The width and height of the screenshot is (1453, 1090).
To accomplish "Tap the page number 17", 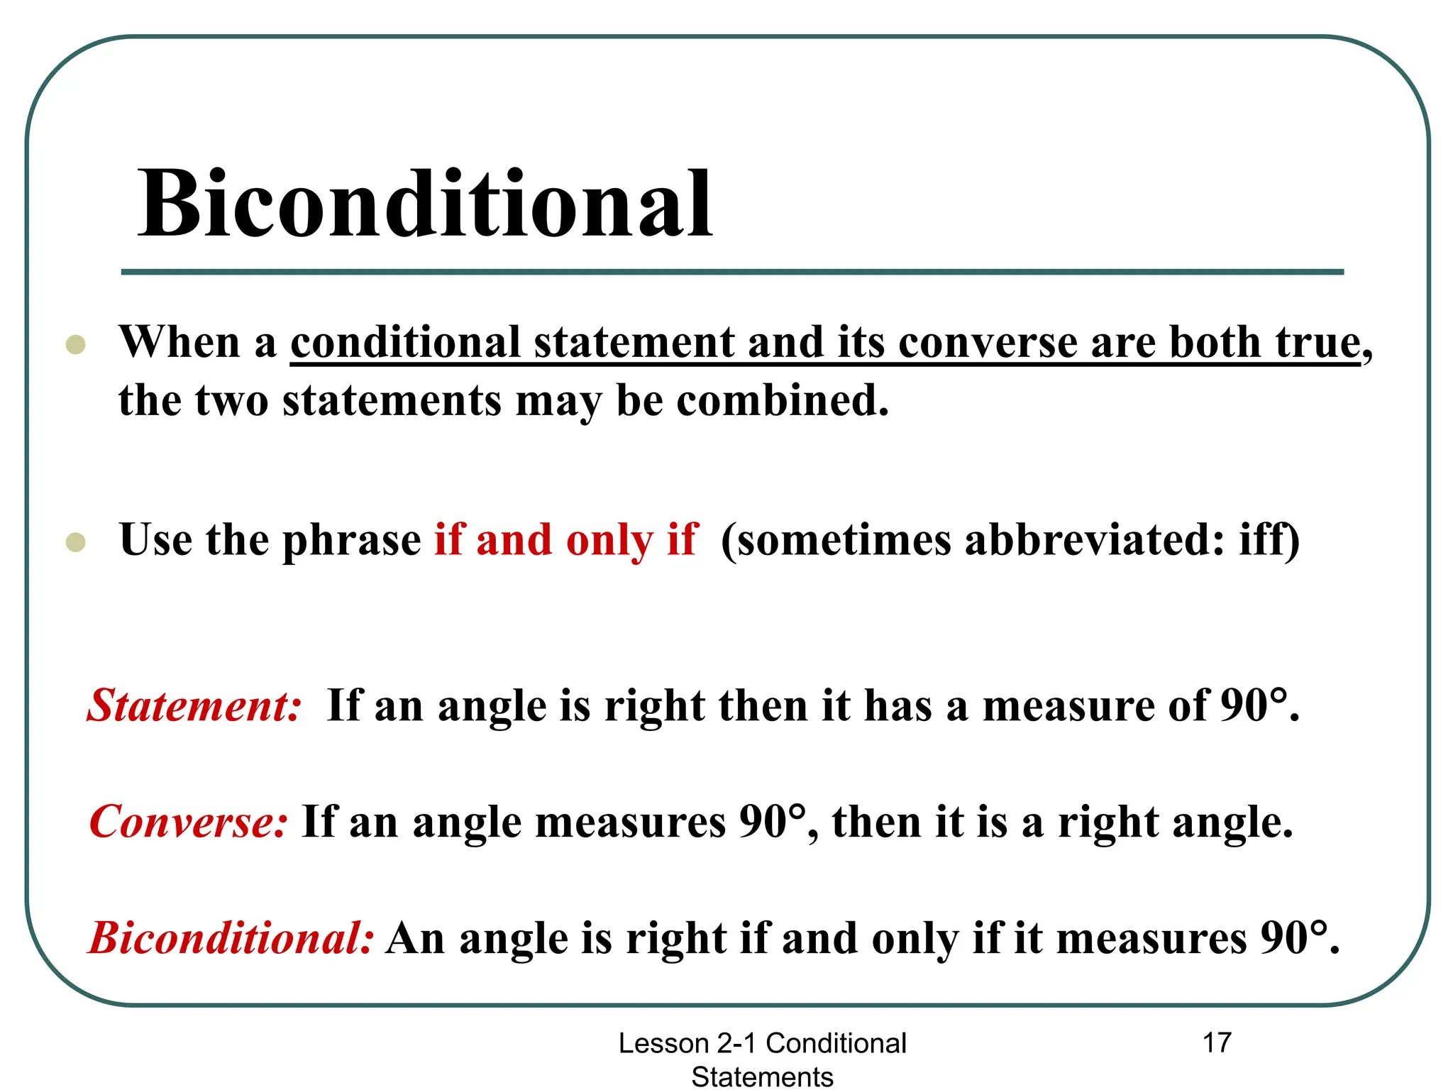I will click(1216, 1042).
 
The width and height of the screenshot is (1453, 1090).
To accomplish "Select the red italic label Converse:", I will click(189, 822).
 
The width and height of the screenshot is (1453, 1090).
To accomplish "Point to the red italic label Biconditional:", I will click(231, 938).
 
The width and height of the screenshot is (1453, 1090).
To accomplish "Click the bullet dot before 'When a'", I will click(75, 345).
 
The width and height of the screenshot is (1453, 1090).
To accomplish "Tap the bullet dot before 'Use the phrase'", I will click(75, 542).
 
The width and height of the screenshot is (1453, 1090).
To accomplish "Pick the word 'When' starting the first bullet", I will click(180, 343).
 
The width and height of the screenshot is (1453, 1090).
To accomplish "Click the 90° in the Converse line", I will click(773, 822).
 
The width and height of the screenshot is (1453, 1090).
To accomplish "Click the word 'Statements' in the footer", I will click(762, 1077).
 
